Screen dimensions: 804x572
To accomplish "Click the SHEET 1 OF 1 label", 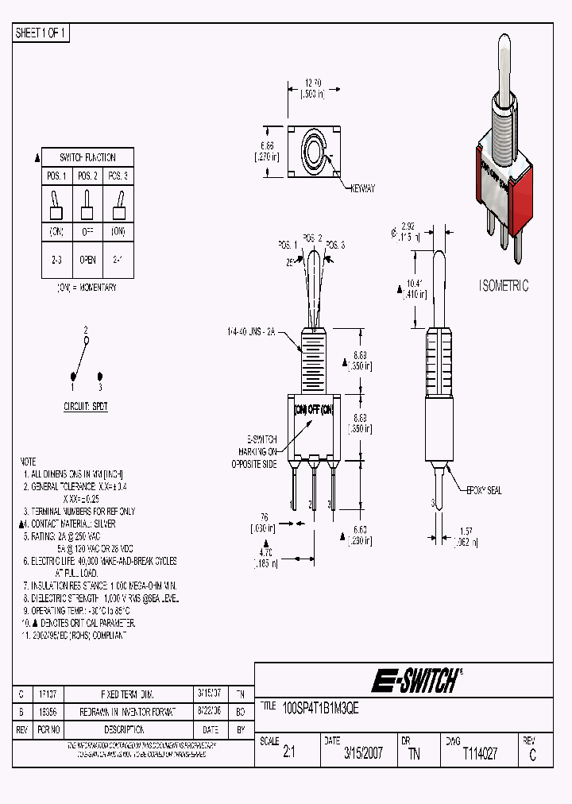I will [41, 33].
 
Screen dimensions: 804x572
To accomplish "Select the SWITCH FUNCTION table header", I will [87, 157].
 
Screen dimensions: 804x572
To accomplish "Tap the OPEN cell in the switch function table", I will [87, 259].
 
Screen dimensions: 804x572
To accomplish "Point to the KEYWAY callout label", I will [361, 188].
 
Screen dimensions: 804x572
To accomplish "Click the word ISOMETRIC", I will [503, 286].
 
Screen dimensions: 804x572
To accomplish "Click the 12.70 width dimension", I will [314, 83].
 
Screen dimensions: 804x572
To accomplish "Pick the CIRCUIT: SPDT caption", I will [86, 406].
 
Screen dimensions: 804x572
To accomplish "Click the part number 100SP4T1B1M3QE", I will [321, 709].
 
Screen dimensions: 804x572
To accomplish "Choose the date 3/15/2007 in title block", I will [362, 754].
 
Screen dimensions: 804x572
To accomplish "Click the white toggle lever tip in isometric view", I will [504, 44].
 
